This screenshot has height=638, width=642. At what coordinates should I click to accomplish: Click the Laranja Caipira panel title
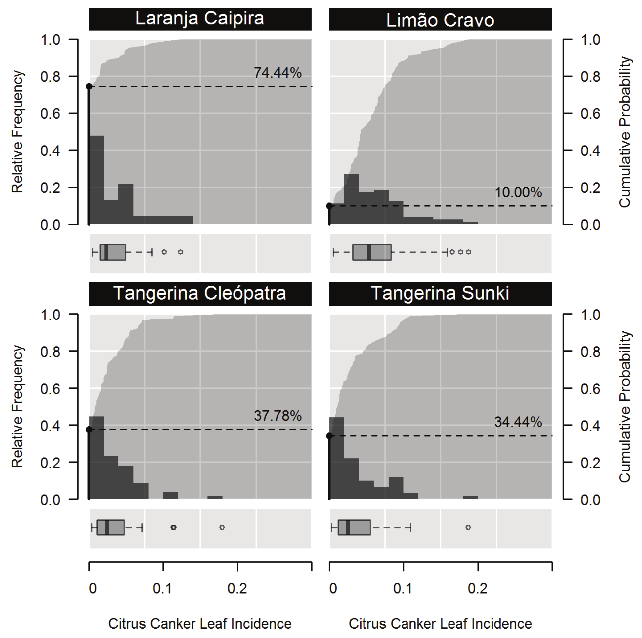coord(200,19)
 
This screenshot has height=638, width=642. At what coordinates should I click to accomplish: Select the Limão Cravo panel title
coord(440,20)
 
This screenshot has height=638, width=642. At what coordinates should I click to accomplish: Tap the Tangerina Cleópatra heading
coord(200,293)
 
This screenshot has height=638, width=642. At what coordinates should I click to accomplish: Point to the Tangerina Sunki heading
coord(440,293)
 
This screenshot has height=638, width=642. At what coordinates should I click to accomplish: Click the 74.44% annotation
coord(278,73)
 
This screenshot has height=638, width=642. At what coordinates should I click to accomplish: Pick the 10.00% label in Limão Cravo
coord(518,192)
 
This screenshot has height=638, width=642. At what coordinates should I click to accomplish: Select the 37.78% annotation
coord(278,416)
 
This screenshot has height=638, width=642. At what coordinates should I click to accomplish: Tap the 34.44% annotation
coord(518,422)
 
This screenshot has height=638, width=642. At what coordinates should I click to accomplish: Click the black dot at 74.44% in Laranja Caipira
coord(89,86)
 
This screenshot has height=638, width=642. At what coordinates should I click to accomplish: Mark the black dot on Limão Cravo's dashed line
coord(329,206)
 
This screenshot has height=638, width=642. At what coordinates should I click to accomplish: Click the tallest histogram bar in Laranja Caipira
coord(97,180)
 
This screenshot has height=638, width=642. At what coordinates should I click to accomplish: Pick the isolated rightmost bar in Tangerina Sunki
coord(470,497)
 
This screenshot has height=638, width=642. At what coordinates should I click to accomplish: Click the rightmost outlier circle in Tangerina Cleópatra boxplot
coord(222,527)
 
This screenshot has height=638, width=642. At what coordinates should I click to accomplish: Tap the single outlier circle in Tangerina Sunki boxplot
coord(468,527)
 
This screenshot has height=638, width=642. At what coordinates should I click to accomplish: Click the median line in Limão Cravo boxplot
coord(369,252)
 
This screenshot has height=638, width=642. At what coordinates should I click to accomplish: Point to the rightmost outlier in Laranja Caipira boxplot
coord(181,252)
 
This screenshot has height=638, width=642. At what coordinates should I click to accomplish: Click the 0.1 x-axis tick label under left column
coord(162,589)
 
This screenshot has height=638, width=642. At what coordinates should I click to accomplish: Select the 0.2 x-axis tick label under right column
coord(478,589)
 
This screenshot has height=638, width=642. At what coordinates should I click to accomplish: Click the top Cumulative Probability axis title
coord(624,132)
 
